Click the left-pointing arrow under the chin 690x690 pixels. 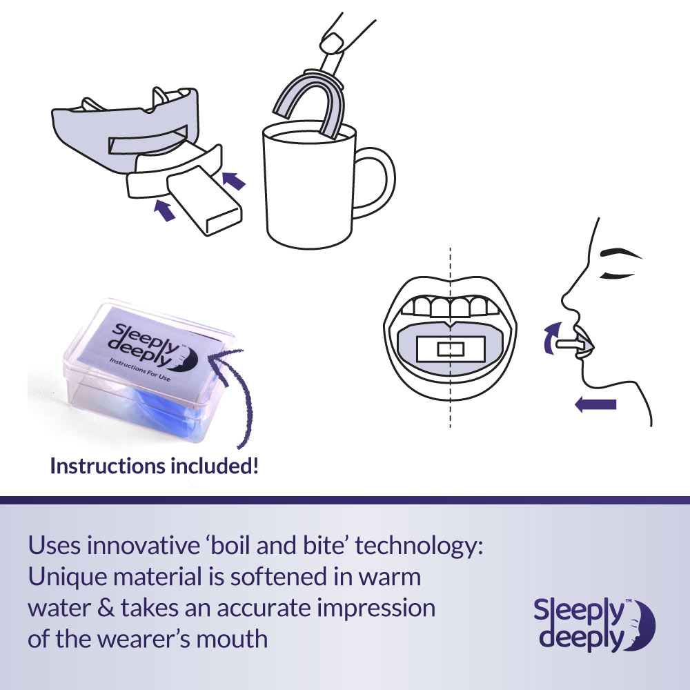(x=595, y=404)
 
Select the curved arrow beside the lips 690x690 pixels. (x=550, y=337)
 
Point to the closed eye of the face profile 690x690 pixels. (x=617, y=275)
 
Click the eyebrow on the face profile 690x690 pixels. (x=620, y=253)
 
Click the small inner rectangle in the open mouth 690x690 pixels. (x=450, y=349)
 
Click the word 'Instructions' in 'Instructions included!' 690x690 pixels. (x=108, y=466)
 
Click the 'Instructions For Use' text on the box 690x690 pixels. (x=140, y=369)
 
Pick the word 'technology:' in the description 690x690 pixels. (x=419, y=546)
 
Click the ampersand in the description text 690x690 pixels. (x=106, y=608)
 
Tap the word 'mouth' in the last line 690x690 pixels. (x=232, y=639)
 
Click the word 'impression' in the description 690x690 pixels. (x=377, y=609)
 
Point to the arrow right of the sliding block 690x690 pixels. (x=233, y=180)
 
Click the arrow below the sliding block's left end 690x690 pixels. (x=164, y=210)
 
